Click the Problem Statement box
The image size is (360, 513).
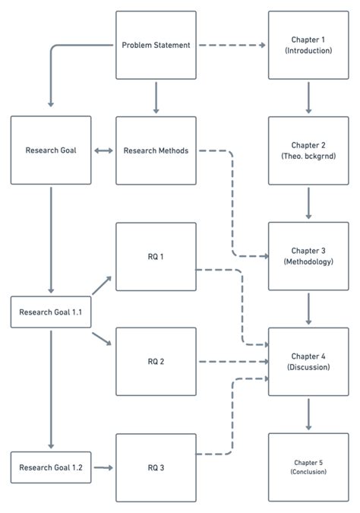[x=156, y=45]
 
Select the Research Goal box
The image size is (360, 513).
[x=51, y=150]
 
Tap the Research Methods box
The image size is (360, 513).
[x=156, y=150]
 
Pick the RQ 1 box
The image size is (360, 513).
[x=156, y=256]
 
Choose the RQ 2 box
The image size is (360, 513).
[x=156, y=362]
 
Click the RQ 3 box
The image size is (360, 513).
[x=156, y=467]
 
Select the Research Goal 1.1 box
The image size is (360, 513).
[x=51, y=312]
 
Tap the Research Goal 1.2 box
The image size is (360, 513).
[x=51, y=467]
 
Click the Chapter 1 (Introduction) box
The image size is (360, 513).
[x=308, y=45]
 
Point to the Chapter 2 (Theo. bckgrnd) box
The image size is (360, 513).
[x=308, y=150]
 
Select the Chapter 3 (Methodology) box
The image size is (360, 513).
[x=308, y=256]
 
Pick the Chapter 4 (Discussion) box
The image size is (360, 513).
[x=308, y=362]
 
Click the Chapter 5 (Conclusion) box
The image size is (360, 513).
[x=308, y=467]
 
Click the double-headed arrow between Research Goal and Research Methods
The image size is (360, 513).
[x=103, y=150]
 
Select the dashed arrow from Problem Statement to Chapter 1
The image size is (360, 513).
[x=232, y=45]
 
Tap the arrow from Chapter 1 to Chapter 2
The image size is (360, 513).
[x=308, y=97]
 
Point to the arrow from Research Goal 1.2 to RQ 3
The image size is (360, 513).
[x=103, y=467]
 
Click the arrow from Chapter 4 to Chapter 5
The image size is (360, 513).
[x=308, y=414]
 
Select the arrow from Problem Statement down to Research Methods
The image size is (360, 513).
[x=156, y=97]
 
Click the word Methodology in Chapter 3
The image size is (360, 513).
[x=308, y=261]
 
